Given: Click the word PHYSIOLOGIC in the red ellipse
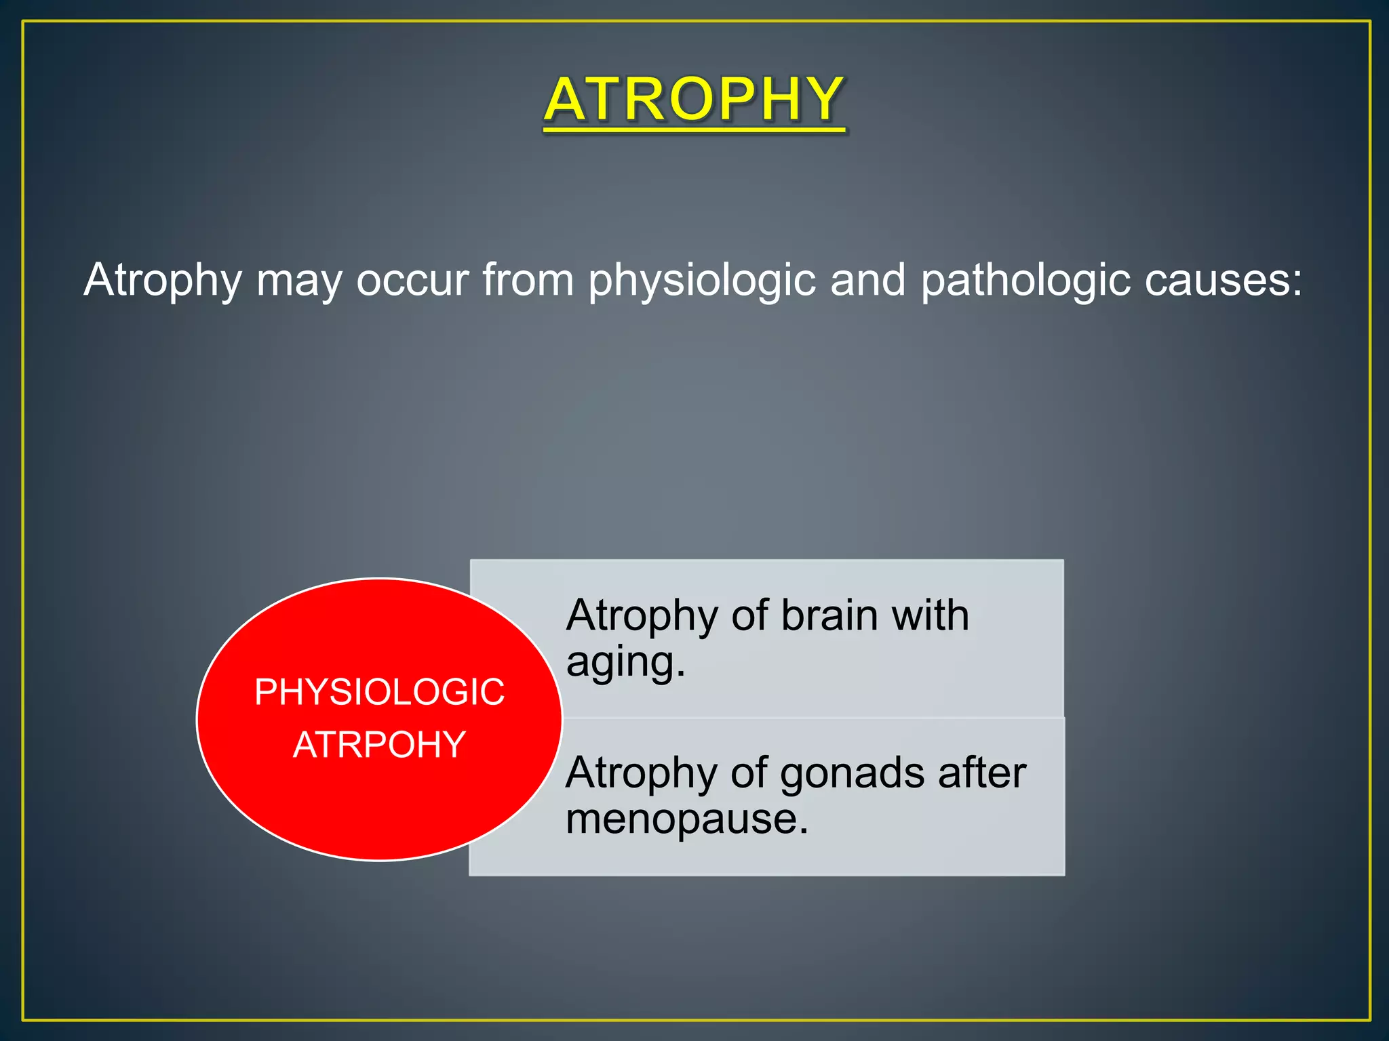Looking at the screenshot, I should pyautogui.click(x=379, y=693).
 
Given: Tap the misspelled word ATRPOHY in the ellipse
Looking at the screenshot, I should pyautogui.click(x=379, y=745).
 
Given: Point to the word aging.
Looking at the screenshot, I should pyautogui.click(x=625, y=663).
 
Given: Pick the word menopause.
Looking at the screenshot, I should pyautogui.click(x=686, y=819).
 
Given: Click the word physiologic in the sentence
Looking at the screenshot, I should pyautogui.click(x=701, y=281).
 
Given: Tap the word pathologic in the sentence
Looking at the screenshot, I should pyautogui.click(x=1025, y=281).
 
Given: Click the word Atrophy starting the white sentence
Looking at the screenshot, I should pyautogui.click(x=163, y=281).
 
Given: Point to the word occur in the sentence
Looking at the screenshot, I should pyautogui.click(x=412, y=281).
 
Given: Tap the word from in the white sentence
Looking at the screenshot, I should pyautogui.click(x=528, y=281).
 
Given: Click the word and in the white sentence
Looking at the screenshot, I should pyautogui.click(x=867, y=281).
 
